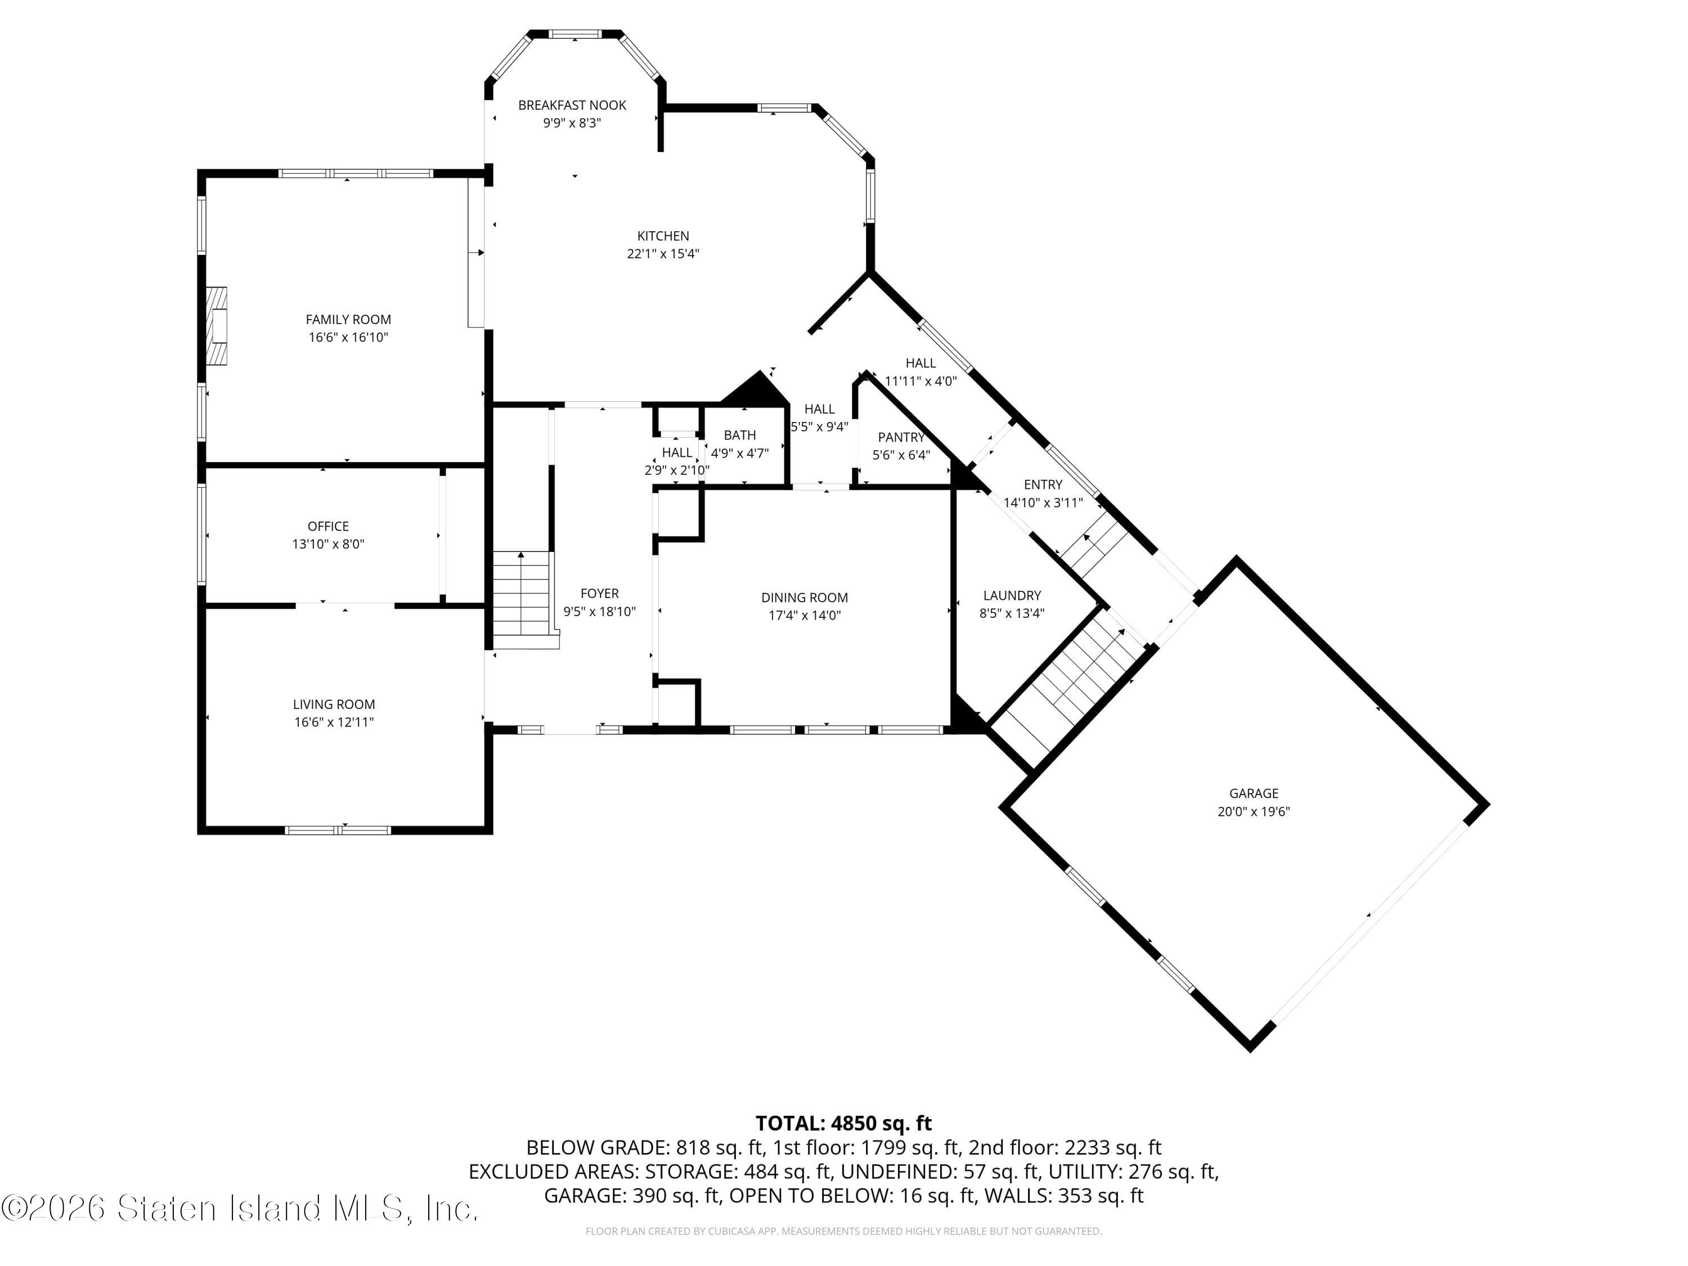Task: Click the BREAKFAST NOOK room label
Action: pyautogui.click(x=572, y=105)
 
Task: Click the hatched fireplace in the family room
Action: pyautogui.click(x=217, y=326)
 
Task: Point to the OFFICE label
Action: pyautogui.click(x=328, y=527)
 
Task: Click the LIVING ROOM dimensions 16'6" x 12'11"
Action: pyautogui.click(x=334, y=722)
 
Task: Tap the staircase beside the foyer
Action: pyautogui.click(x=521, y=599)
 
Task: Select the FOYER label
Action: pyautogui.click(x=599, y=594)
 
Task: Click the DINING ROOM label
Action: pyautogui.click(x=804, y=598)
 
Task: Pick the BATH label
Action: pyautogui.click(x=739, y=435)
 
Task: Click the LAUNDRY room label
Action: pyautogui.click(x=1012, y=595)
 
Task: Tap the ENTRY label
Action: pyautogui.click(x=1043, y=484)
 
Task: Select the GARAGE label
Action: pyautogui.click(x=1253, y=793)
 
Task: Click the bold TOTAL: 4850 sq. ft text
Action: pyautogui.click(x=843, y=1123)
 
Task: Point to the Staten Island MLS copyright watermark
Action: pyautogui.click(x=240, y=1209)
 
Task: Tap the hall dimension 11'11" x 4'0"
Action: pyautogui.click(x=921, y=381)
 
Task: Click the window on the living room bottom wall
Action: pyautogui.click(x=338, y=829)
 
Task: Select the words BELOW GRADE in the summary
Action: pyautogui.click(x=586, y=1148)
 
